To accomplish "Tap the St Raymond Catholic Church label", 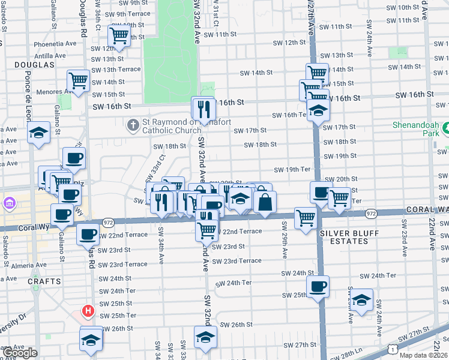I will [170, 126].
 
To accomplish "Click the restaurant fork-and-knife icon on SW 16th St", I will [203, 107].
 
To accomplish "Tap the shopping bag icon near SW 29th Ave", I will [265, 201].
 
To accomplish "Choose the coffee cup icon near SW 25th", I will [318, 286].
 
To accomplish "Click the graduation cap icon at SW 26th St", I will [205, 337].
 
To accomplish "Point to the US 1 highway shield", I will [391, 348].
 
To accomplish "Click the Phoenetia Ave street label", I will [55, 43].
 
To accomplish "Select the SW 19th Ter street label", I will [292, 170].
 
